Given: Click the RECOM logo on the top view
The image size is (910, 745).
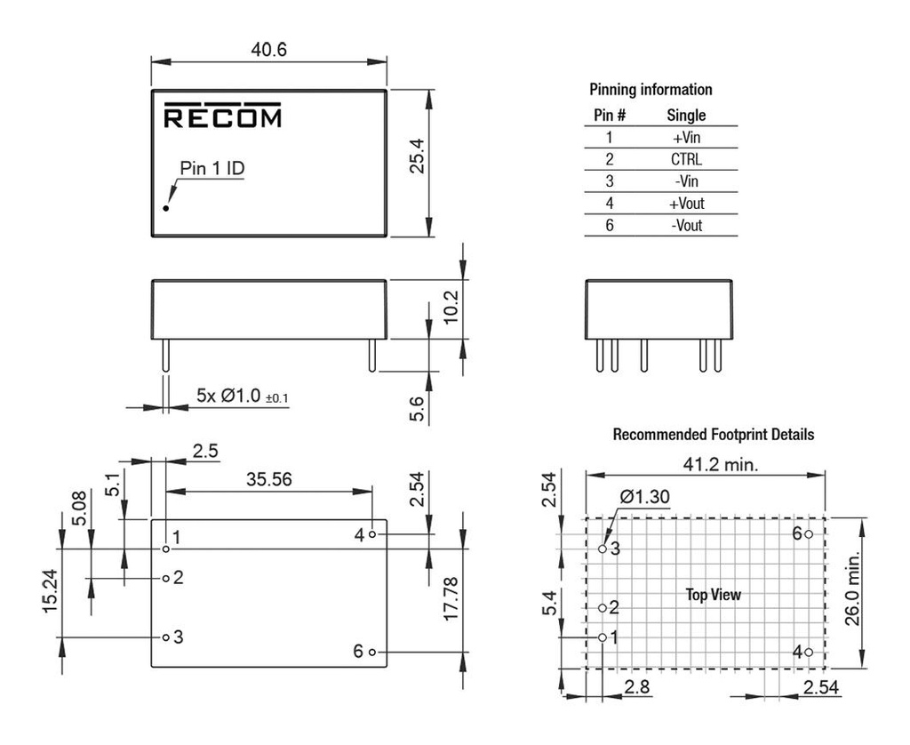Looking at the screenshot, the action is tap(222, 115).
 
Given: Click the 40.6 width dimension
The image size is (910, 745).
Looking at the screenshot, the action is tap(268, 50).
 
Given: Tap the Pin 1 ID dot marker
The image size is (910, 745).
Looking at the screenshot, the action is tap(166, 208).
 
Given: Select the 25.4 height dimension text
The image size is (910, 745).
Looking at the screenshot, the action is tap(418, 156).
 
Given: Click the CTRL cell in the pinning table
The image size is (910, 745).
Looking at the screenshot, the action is tap(686, 159).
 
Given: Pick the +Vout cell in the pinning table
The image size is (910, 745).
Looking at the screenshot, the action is tap(687, 204).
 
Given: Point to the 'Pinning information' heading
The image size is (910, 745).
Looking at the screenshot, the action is tap(651, 90).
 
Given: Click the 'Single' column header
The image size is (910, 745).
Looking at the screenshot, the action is tap(686, 115).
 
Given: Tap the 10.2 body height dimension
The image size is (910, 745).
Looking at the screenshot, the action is tap(451, 308).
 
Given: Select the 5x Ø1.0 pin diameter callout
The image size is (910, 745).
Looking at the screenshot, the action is tap(242, 396).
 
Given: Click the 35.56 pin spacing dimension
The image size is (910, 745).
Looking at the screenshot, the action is tap(268, 479).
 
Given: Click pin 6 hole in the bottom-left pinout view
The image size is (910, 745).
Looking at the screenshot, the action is tap(372, 652).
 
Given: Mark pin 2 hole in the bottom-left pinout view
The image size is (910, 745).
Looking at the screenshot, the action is tap(166, 579).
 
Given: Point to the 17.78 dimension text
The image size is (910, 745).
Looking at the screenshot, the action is tap(451, 599).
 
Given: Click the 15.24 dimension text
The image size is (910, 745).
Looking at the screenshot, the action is tap(51, 591).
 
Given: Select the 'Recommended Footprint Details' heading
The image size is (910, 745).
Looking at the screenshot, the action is tap(714, 435).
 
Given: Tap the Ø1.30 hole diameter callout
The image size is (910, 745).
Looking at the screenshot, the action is tap(645, 496).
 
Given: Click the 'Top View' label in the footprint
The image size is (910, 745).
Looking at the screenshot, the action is tap(714, 595).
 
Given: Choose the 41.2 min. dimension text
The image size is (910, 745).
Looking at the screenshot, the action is tap(720, 464).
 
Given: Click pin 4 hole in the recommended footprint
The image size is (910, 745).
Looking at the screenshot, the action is tap(809, 652).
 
